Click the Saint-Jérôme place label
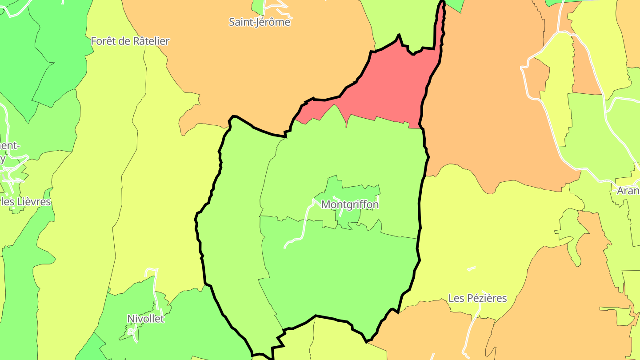pyautogui.click(x=260, y=22)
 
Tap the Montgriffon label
pyautogui.click(x=350, y=204)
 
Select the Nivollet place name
pyautogui.click(x=145, y=319)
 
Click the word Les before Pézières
pyautogui.click(x=456, y=298)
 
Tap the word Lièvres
pyautogui.click(x=35, y=202)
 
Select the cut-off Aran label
pyautogui.click(x=628, y=191)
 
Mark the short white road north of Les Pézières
pyautogui.click(x=471, y=268)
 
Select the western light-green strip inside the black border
pyautogui.click(x=240, y=222)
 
